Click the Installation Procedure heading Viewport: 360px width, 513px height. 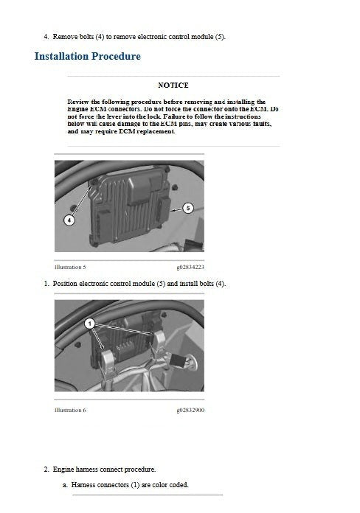tap(88, 56)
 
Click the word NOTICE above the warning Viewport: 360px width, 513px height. tap(173, 85)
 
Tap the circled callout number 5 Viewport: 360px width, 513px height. tap(188, 209)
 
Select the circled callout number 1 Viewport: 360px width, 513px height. tap(89, 324)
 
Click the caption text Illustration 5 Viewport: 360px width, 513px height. tap(71, 267)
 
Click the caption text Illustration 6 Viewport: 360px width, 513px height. tap(71, 410)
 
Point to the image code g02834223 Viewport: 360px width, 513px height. tap(190, 267)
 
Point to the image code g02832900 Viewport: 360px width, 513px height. tap(190, 410)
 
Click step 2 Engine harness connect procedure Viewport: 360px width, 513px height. tap(103, 469)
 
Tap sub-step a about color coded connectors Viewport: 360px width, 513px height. tap(125, 485)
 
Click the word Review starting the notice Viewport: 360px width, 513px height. tap(78, 102)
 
